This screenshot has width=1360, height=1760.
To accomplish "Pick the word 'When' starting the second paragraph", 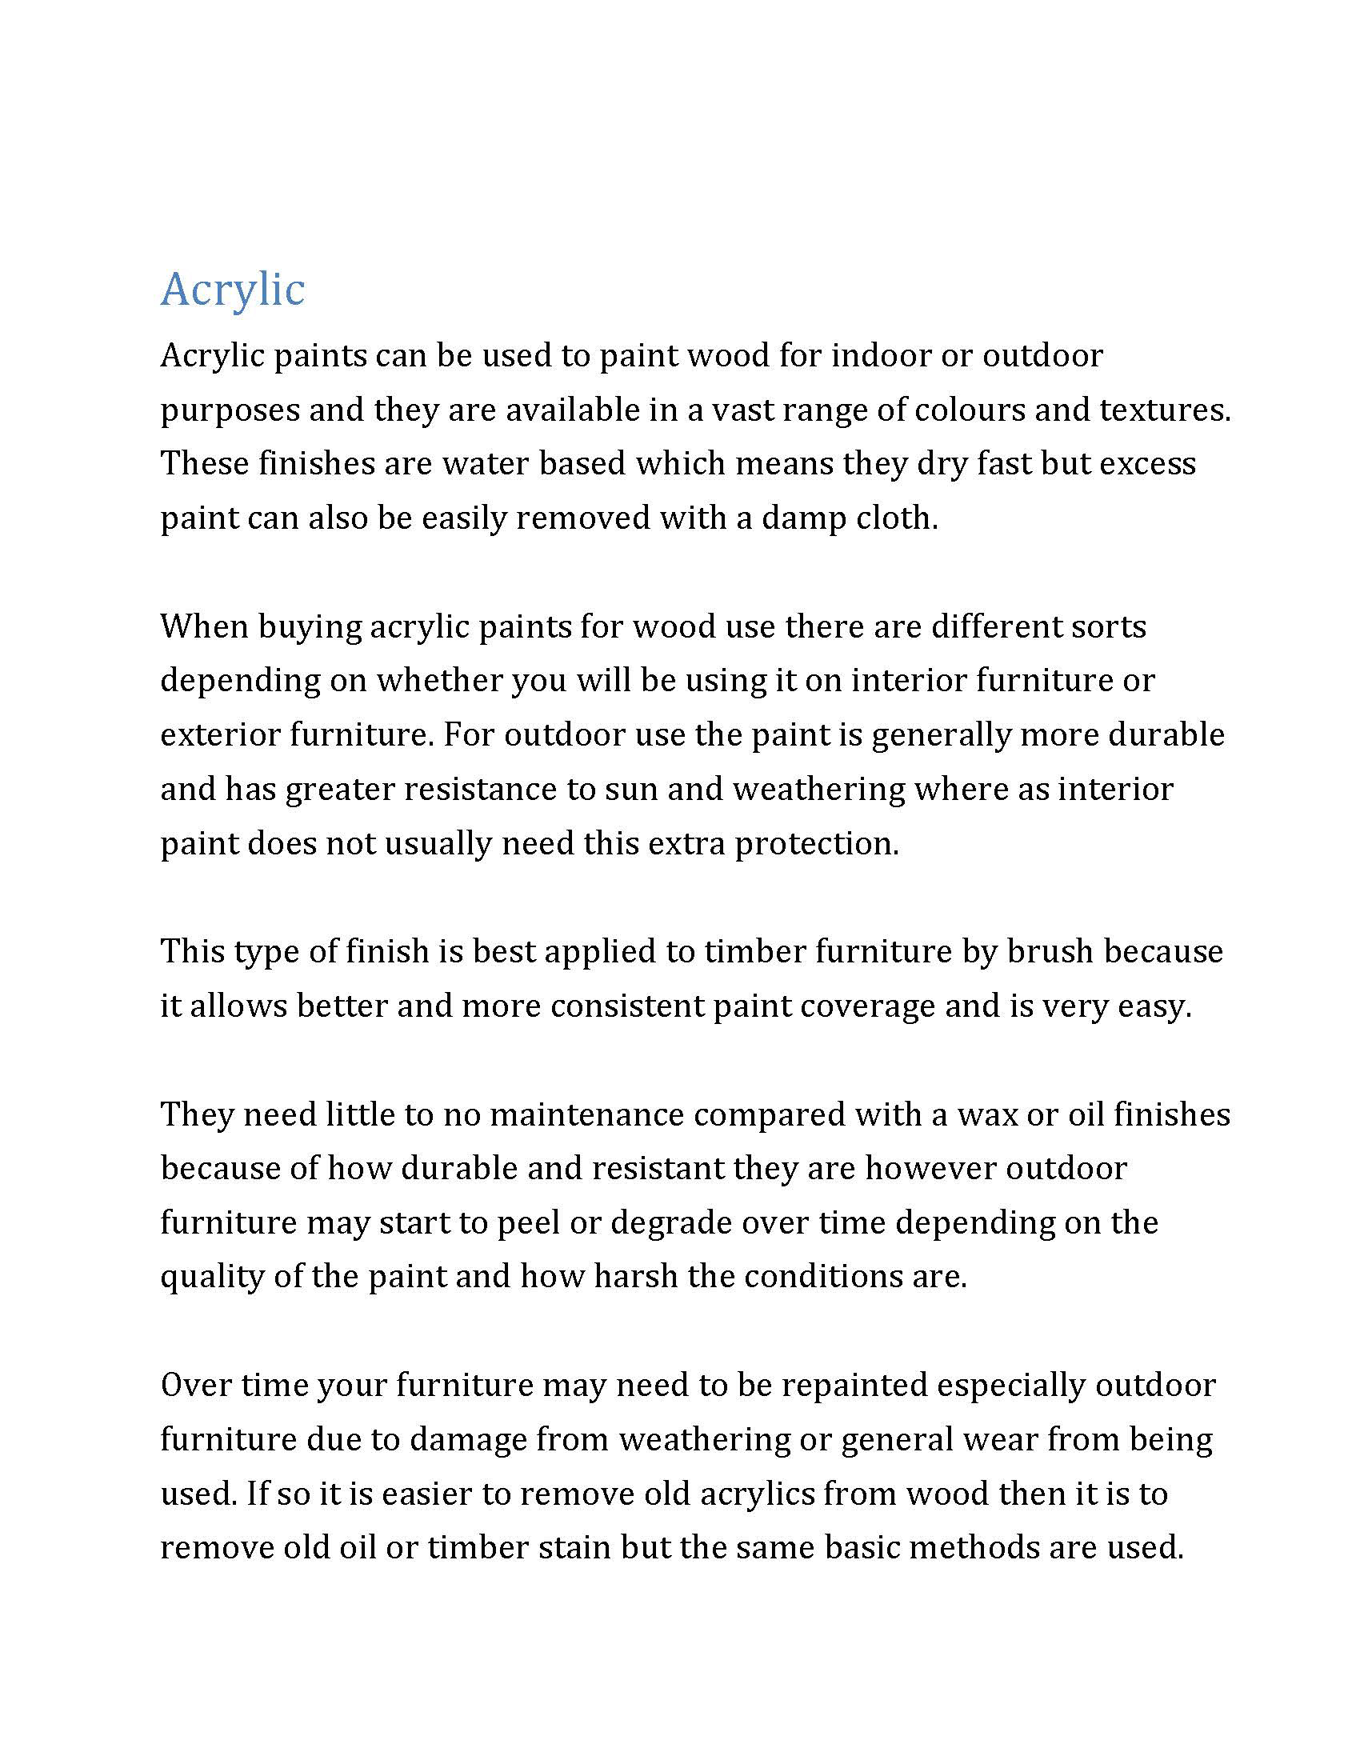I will [204, 626].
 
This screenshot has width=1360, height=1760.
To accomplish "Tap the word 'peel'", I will [528, 1223].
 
